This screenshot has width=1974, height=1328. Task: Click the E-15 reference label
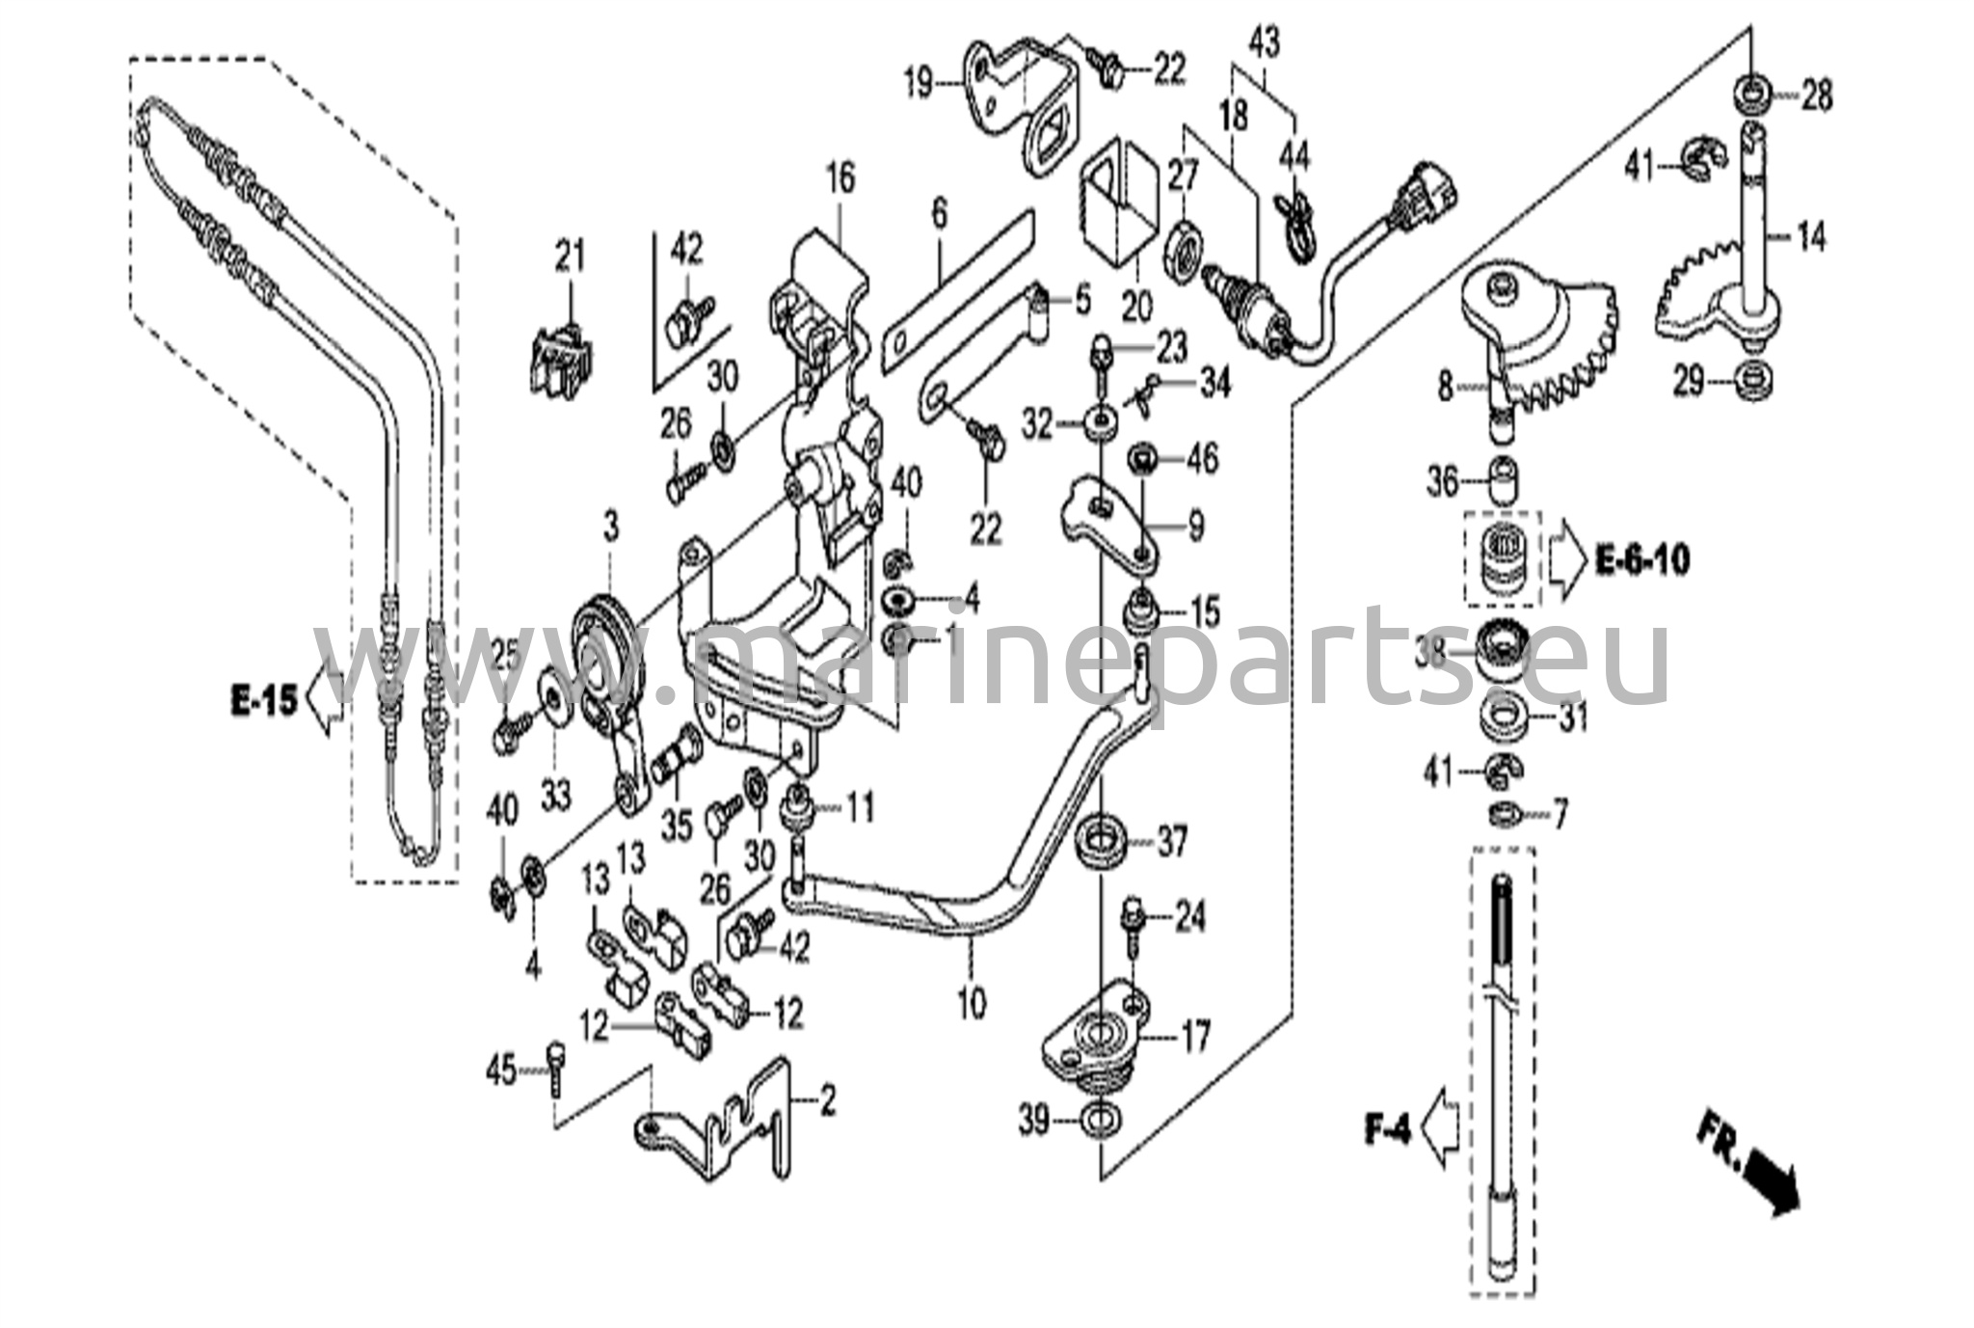[263, 699]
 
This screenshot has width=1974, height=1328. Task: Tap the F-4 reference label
[1387, 1128]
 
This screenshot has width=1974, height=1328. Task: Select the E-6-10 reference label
[1642, 559]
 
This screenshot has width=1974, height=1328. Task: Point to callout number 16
[840, 178]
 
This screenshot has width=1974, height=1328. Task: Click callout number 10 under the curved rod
[972, 1003]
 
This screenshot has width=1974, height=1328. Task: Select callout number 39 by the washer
[1034, 1122]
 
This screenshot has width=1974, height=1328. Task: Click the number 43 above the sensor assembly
[1265, 43]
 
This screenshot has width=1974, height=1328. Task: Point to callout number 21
[570, 257]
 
